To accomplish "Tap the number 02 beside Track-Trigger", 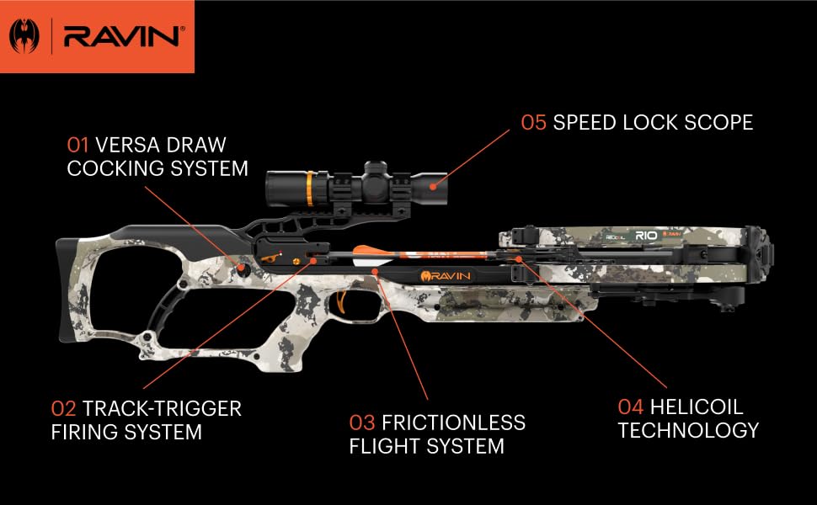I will pyautogui.click(x=64, y=409).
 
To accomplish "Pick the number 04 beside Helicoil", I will pyautogui.click(x=631, y=407).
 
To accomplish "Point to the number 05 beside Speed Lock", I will pyautogui.click(x=534, y=122).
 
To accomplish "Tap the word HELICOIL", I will pyautogui.click(x=697, y=407).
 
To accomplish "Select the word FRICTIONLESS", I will pyautogui.click(x=453, y=423).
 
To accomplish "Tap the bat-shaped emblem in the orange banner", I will pyautogui.click(x=24, y=36).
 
